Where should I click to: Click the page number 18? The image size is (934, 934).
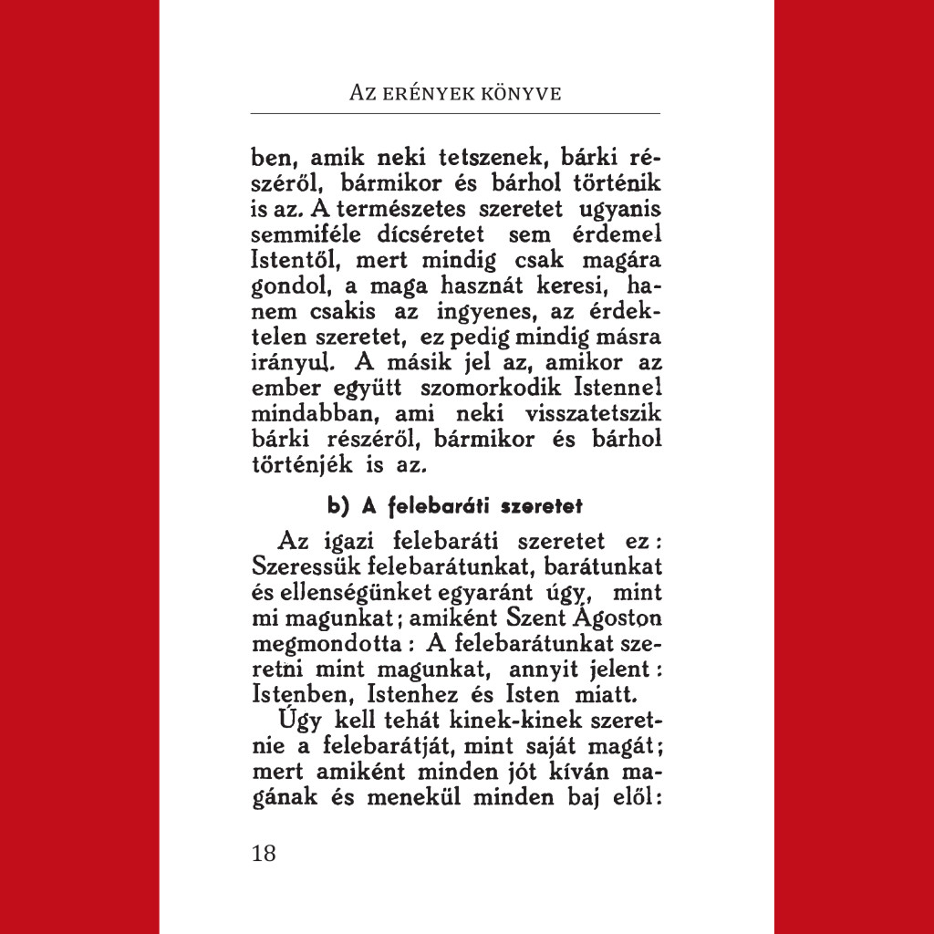click(263, 854)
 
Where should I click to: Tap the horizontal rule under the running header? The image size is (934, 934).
click(455, 113)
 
